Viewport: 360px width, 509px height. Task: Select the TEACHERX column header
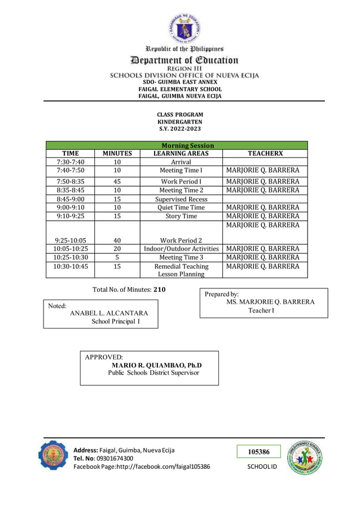pos(265,153)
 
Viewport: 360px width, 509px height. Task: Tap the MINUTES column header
pos(117,153)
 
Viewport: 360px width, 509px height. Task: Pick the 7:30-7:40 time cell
pos(71,162)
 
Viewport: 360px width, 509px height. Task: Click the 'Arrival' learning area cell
pos(181,162)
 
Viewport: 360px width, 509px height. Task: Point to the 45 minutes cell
pos(117,182)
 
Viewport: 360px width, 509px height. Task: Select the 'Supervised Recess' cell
pos(181,199)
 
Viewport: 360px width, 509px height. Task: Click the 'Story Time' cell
pos(181,216)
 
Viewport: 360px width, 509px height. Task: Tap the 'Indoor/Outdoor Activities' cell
pos(181,249)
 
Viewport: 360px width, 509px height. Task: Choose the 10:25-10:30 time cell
pos(71,257)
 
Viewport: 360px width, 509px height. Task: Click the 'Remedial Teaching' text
pos(181,266)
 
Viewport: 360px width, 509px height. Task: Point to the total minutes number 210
pos(160,289)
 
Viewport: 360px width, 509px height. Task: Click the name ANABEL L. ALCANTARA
pos(109,313)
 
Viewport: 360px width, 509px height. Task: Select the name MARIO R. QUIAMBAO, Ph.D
pos(156,365)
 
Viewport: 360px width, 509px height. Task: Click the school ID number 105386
pos(259,452)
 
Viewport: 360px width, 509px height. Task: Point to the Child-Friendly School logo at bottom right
pos(305,458)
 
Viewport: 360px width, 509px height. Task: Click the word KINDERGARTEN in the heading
pos(179,122)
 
